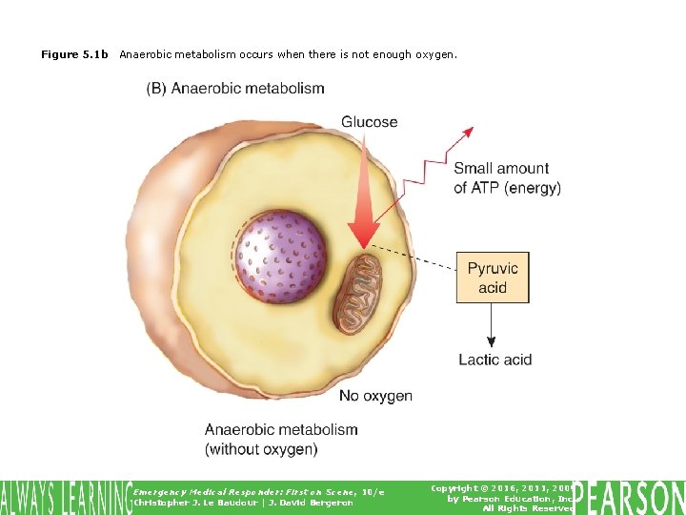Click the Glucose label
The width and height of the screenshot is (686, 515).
(370, 122)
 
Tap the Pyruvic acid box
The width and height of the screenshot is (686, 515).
(493, 278)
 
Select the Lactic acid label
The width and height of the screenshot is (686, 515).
(494, 360)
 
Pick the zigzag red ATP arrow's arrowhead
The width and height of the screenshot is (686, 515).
(468, 132)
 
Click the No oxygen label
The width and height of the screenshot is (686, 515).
(375, 396)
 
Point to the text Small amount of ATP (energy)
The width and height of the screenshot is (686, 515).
(507, 178)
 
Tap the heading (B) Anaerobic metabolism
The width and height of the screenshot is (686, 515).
(235, 89)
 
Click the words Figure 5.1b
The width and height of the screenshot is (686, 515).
(74, 55)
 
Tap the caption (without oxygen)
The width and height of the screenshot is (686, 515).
(261, 448)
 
